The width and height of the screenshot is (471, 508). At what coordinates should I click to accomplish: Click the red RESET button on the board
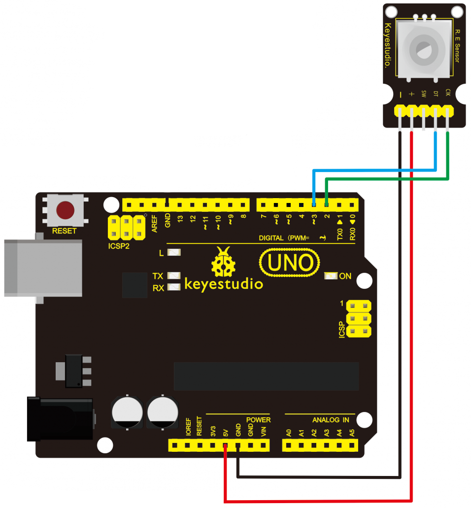[66, 210]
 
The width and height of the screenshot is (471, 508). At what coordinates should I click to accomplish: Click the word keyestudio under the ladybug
[223, 284]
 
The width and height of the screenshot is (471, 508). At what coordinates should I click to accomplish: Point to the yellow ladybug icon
[224, 262]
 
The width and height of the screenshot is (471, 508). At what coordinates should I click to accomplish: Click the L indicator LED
[174, 253]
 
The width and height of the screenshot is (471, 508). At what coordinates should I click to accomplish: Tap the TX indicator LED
[174, 276]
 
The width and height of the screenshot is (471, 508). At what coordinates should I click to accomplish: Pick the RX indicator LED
[174, 287]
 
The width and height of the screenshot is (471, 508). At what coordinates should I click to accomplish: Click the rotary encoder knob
[423, 49]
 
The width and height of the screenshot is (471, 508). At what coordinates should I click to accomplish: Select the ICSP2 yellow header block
[127, 227]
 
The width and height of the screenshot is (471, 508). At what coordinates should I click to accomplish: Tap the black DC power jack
[59, 419]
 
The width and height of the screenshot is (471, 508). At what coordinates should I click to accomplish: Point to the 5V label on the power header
[226, 432]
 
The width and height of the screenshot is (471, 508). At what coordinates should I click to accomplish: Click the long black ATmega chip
[266, 376]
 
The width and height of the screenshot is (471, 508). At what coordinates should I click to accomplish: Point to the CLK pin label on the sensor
[447, 93]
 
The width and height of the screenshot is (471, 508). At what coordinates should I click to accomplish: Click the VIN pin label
[263, 432]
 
